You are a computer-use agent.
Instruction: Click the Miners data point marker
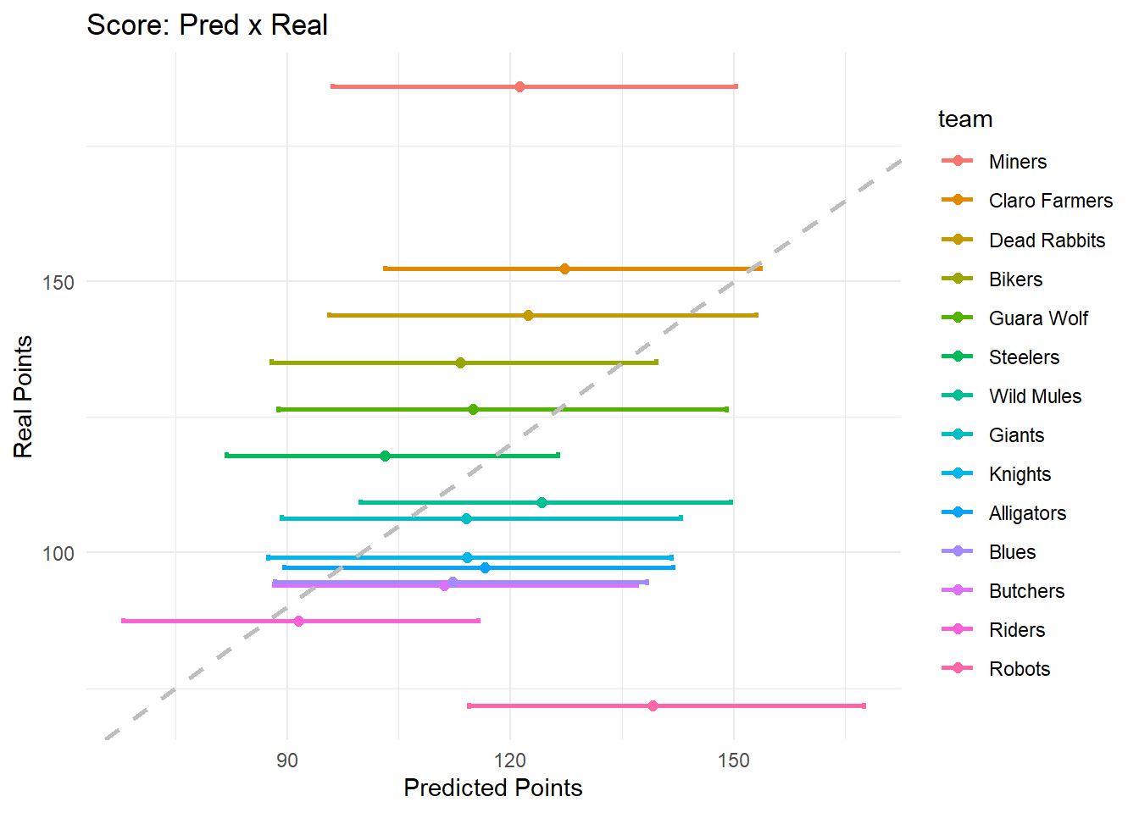(519, 86)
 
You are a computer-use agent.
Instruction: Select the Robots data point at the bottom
(653, 705)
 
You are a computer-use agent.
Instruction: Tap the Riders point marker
(298, 621)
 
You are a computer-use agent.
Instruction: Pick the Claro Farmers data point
(564, 268)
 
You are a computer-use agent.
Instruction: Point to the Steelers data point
(385, 456)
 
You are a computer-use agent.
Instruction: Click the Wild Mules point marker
(542, 502)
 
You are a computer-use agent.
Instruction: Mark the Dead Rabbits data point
(528, 315)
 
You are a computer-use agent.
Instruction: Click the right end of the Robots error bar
(864, 705)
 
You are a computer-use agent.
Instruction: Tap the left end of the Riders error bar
(124, 621)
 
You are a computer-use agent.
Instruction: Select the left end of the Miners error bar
(332, 86)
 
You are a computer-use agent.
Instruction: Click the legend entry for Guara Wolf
(1037, 318)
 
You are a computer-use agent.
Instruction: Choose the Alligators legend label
(1026, 513)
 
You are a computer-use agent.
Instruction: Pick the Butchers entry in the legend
(1025, 591)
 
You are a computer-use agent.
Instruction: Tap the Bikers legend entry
(1014, 279)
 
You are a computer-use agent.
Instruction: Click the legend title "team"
(964, 119)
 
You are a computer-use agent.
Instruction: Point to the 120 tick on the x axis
(510, 760)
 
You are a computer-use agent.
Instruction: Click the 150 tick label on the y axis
(58, 282)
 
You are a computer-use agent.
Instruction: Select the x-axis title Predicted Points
(492, 788)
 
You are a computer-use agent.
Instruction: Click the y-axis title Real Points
(23, 396)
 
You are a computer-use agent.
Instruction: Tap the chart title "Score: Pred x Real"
(207, 25)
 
